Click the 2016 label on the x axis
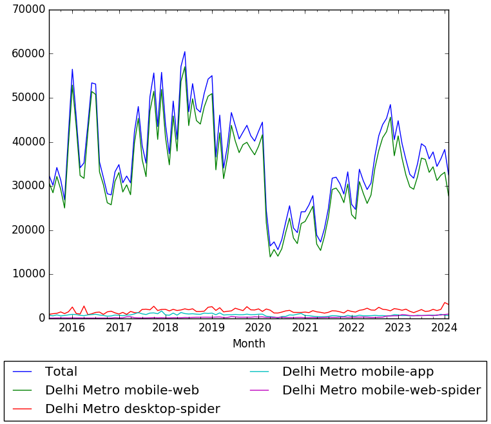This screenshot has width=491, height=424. (72, 328)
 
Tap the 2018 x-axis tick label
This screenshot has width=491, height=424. (166, 328)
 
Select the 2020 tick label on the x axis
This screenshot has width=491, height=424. (258, 328)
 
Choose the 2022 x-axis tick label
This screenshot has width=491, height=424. (352, 328)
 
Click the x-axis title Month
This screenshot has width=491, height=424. (249, 344)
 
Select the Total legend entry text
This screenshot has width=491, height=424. (61, 372)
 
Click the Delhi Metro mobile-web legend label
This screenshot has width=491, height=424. (122, 391)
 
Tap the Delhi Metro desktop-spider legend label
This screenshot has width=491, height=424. (132, 409)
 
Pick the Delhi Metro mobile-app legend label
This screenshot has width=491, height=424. (358, 372)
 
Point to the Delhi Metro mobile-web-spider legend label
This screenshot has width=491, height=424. (381, 391)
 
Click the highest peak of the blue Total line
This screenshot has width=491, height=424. (185, 51)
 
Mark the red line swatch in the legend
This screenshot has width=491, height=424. (23, 409)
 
